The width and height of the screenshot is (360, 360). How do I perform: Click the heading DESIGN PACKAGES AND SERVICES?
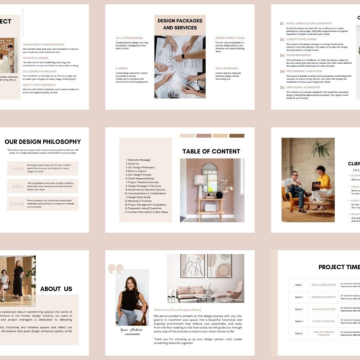[180, 24]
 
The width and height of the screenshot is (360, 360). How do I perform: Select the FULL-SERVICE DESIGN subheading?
[129, 38]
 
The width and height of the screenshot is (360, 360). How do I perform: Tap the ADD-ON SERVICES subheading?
[227, 69]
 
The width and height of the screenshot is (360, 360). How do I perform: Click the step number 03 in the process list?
[282, 56]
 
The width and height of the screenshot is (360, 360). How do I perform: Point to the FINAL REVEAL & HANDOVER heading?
[303, 87]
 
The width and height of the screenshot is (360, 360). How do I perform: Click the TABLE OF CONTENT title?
[211, 151]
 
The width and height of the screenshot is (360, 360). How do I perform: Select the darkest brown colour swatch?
[237, 136]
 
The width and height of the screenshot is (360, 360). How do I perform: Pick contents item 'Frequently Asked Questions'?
[144, 208]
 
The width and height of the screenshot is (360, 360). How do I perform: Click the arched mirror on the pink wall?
[209, 177]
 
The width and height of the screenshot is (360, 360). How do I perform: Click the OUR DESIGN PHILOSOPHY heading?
[43, 142]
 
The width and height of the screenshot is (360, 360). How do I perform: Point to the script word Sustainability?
[17, 204]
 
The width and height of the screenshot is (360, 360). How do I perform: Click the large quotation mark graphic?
[115, 269]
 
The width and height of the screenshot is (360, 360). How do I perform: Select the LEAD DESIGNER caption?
[132, 334]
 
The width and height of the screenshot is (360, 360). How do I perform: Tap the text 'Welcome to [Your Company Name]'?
[177, 310]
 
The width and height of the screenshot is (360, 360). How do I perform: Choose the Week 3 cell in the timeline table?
[299, 309]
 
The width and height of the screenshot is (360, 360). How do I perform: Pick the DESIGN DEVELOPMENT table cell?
[323, 297]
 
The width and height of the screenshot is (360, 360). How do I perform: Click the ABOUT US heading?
[56, 289]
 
